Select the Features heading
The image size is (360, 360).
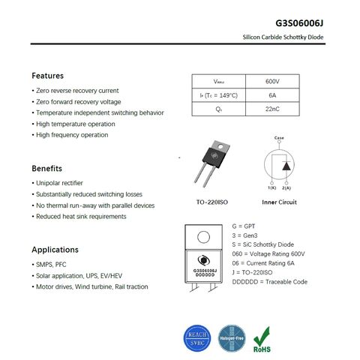[x=47, y=76]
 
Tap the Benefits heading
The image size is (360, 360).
[x=46, y=168]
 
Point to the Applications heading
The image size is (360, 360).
[x=55, y=249]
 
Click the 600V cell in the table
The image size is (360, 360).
[x=272, y=81]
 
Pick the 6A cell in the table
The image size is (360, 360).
[x=272, y=95]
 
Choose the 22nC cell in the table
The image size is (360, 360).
[x=272, y=109]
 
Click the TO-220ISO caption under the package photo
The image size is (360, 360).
[x=212, y=202]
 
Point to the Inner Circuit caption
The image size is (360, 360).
[x=279, y=202]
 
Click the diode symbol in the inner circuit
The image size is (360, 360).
[x=285, y=165]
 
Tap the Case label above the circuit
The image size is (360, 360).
[x=279, y=138]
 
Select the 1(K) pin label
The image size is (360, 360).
[x=271, y=187]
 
